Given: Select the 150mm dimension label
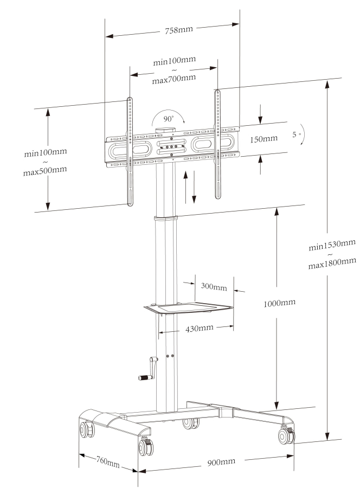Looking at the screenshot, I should [263, 139].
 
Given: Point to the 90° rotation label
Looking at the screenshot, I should [169, 118].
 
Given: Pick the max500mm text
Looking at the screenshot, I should [45, 170].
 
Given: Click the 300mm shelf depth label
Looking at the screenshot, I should [214, 286].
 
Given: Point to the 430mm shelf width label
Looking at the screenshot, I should [199, 328].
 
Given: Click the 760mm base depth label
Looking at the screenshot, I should [107, 463].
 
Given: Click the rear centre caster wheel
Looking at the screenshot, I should [190, 423].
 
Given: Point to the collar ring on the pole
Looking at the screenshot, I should [165, 219].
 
